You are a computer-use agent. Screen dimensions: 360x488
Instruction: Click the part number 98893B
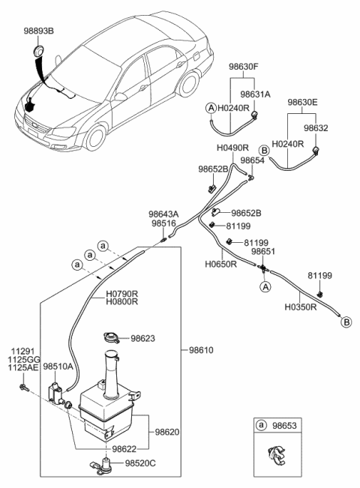[38, 31]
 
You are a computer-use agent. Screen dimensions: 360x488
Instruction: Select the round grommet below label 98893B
[38, 50]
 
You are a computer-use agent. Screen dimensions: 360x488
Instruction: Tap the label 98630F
[244, 67]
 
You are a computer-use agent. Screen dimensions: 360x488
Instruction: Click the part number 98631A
[255, 94]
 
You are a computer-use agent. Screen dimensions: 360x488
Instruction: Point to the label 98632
[316, 128]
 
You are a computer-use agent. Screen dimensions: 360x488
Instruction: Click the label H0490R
[232, 148]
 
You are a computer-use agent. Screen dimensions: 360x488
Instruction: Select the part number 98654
[252, 160]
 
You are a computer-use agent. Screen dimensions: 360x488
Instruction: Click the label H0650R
[220, 264]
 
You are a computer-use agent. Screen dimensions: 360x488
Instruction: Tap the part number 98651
[263, 251]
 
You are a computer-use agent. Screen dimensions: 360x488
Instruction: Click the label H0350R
[301, 307]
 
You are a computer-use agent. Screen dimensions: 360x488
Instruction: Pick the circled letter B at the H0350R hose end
[346, 322]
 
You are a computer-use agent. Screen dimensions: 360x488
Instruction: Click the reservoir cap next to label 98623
[112, 337]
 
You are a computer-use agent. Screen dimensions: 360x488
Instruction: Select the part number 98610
[201, 350]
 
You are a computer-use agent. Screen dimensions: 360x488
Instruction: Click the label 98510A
[58, 367]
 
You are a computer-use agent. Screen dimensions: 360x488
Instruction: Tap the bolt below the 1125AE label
[24, 388]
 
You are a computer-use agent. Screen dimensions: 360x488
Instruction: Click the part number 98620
[167, 432]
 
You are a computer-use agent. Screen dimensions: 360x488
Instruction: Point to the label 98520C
[140, 463]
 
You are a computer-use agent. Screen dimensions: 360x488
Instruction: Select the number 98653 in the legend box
[284, 425]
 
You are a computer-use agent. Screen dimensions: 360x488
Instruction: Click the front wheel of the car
[95, 138]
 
